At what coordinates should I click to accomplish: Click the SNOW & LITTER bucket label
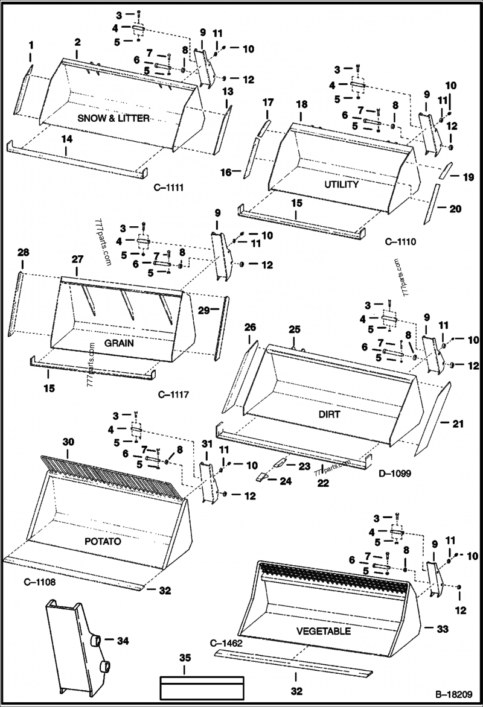113,119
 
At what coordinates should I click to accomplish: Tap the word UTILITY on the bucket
341,185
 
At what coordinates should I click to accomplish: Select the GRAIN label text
119,343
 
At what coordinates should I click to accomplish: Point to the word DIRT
329,414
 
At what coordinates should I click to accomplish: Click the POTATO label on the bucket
103,541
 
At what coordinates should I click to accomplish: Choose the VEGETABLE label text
323,631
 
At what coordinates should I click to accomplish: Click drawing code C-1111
168,188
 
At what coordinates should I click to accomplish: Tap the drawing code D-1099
395,474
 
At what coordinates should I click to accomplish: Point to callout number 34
123,640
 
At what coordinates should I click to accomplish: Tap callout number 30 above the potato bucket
69,442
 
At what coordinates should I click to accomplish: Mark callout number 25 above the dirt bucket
294,329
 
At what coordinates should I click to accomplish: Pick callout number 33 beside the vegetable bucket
443,629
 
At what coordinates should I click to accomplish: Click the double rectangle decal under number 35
201,686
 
